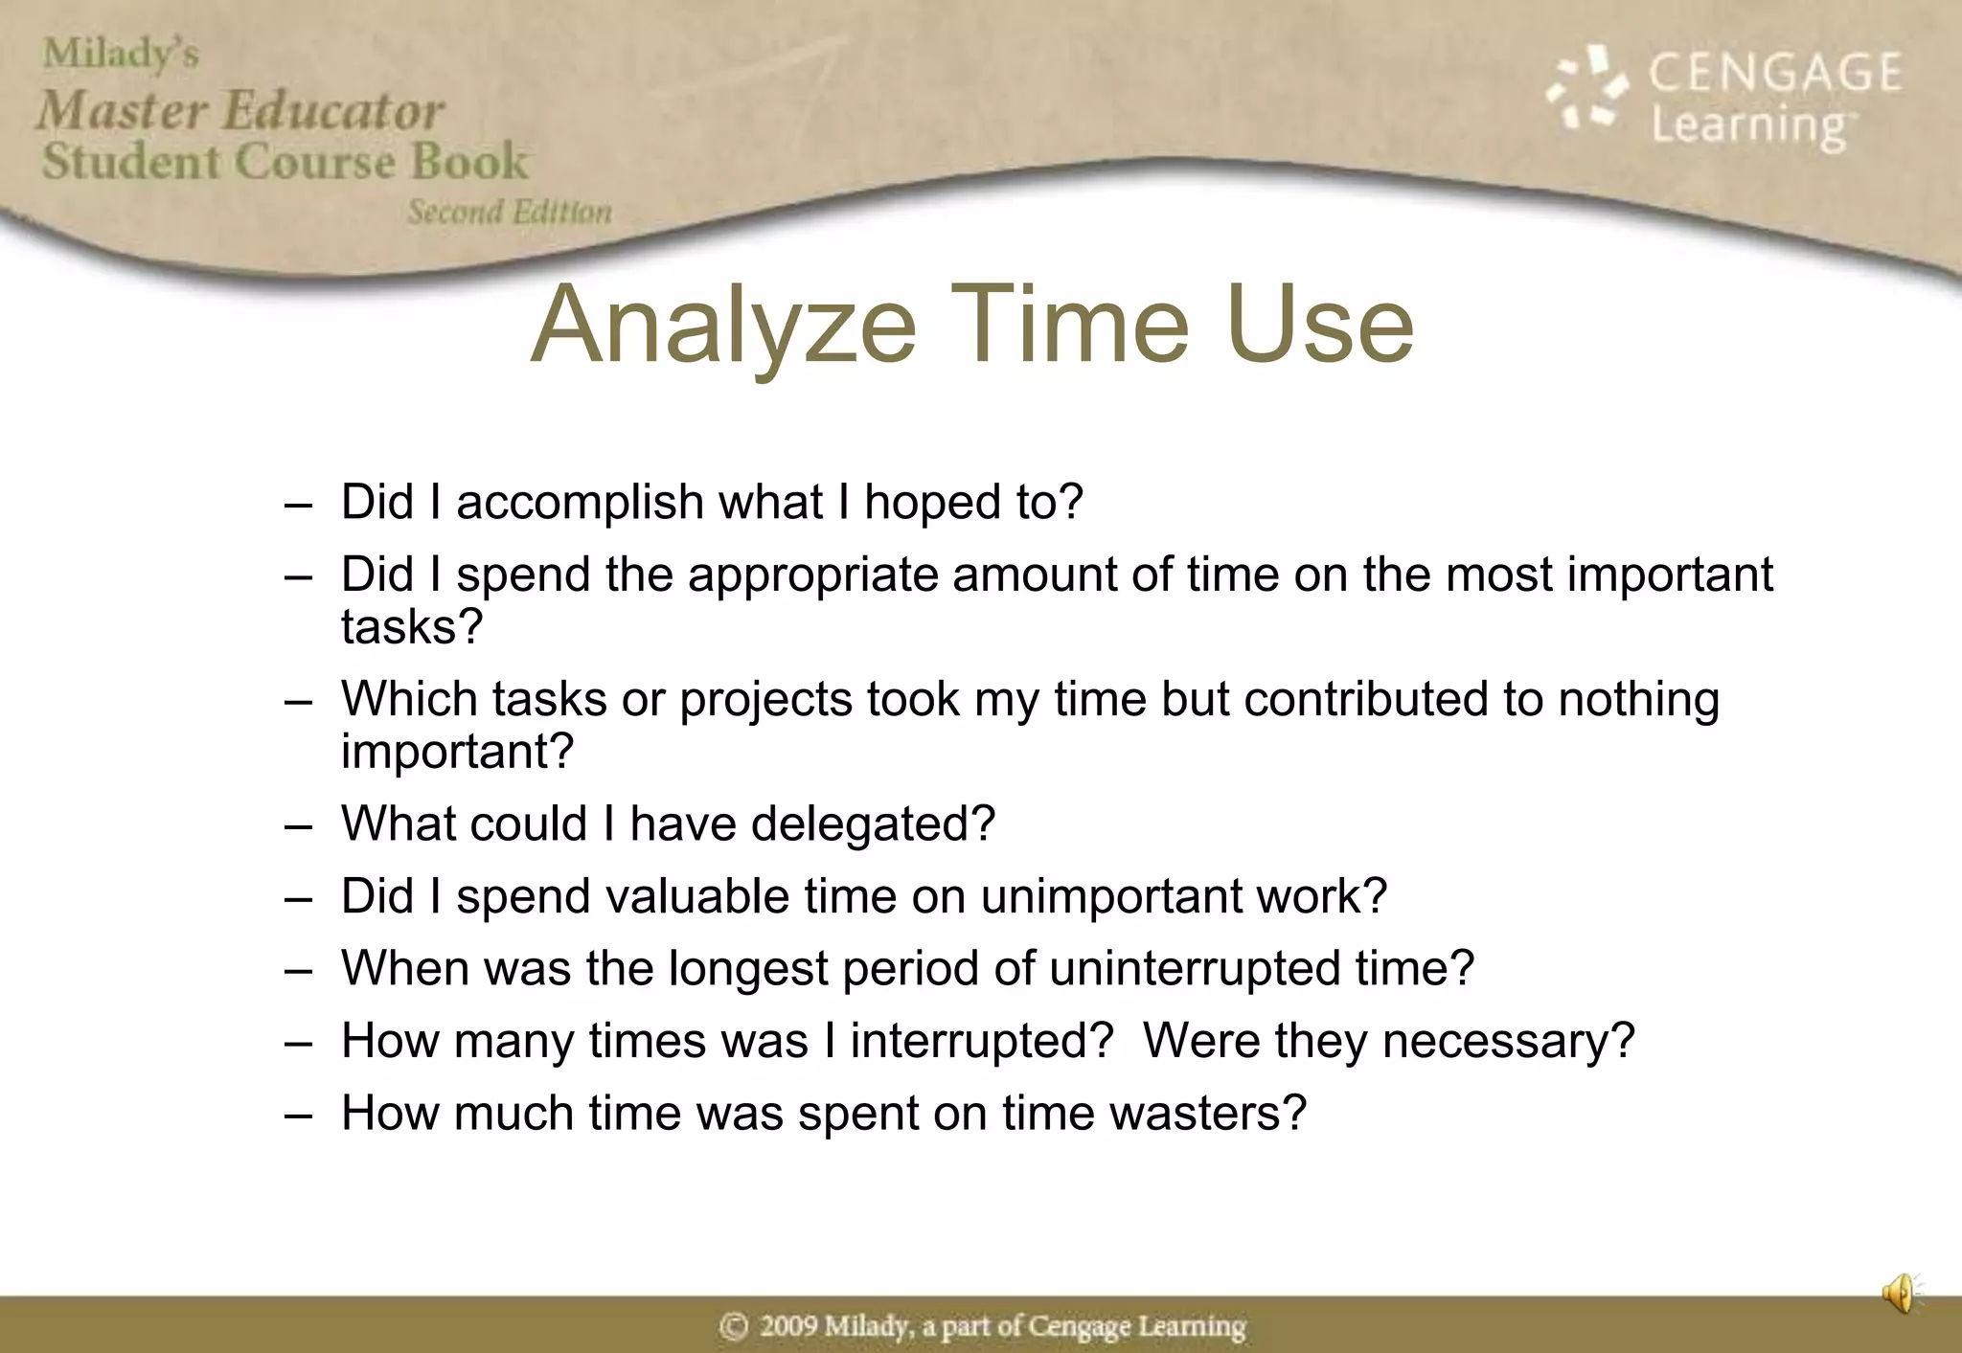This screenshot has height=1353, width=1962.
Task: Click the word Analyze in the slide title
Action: pos(723,326)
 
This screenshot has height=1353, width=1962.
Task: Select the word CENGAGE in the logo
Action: pos(1775,73)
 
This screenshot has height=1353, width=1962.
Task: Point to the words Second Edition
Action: pos(509,212)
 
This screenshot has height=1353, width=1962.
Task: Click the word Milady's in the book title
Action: pos(121,54)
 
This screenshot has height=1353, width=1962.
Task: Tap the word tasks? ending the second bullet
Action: pos(412,627)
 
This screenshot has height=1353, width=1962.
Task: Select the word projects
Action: pos(765,699)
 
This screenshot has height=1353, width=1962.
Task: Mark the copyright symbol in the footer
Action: pos(734,1327)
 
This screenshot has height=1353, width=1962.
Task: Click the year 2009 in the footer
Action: pos(788,1327)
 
